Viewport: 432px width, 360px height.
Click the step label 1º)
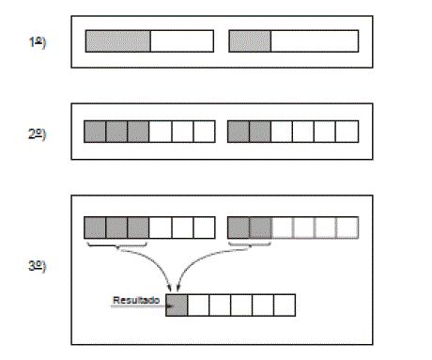pos(37,42)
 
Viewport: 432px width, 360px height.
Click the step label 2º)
pos(37,133)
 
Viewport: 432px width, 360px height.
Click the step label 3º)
pos(37,266)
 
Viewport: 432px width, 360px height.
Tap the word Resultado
pos(136,300)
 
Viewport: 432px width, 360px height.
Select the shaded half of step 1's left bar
pos(117,41)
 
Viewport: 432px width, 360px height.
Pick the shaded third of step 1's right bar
pos(250,41)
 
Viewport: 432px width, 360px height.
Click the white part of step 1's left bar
pos(182,41)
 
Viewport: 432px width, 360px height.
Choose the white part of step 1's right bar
pos(315,41)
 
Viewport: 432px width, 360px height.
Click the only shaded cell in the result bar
pos(177,305)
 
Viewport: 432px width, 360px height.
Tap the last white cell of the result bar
pos(285,305)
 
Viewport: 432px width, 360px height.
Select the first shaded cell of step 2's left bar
pos(95,132)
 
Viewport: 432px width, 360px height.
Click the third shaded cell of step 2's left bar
pos(138,132)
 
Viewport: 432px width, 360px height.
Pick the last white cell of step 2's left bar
pos(204,132)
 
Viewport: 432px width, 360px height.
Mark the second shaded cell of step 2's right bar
pos(260,132)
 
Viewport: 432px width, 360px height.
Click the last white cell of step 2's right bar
pos(347,132)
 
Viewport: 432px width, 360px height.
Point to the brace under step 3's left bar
pos(117,245)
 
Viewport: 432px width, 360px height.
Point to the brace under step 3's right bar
pos(250,245)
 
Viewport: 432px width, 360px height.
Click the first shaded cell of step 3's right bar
pos(239,227)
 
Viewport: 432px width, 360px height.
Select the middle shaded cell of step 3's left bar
pos(116,227)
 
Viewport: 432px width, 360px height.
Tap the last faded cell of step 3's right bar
pos(347,227)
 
